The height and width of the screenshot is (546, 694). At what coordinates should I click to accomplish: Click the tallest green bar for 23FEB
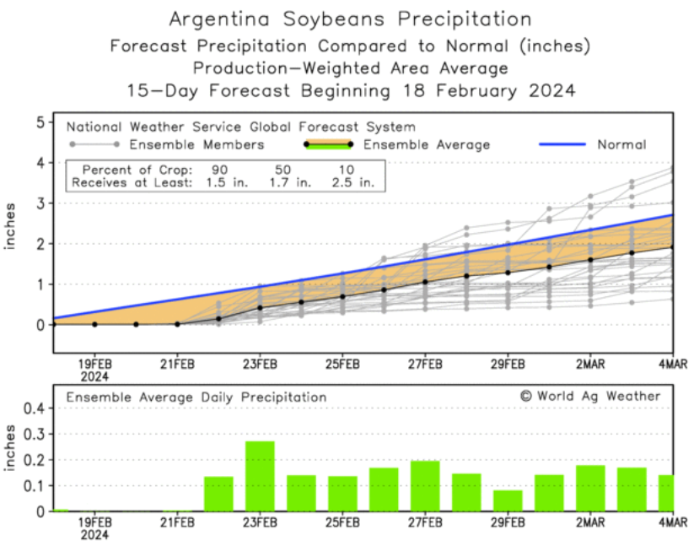tap(260, 476)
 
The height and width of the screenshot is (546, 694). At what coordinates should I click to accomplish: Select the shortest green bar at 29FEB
tap(508, 500)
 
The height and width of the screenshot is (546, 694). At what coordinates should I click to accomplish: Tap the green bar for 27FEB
tap(425, 485)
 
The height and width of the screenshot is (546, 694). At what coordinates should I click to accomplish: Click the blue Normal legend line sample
tap(562, 144)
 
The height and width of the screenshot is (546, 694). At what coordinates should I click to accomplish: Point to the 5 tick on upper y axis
tap(39, 122)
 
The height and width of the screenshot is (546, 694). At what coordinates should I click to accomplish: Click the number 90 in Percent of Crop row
tap(220, 169)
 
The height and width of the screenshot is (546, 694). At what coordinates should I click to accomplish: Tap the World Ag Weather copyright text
tap(590, 396)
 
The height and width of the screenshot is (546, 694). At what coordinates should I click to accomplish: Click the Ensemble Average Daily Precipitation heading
tap(196, 397)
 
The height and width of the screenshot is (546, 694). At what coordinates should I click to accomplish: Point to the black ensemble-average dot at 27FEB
tap(425, 282)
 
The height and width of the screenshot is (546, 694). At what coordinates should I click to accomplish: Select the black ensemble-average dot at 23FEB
tap(260, 308)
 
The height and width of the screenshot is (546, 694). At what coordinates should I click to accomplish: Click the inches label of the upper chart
tap(12, 225)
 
